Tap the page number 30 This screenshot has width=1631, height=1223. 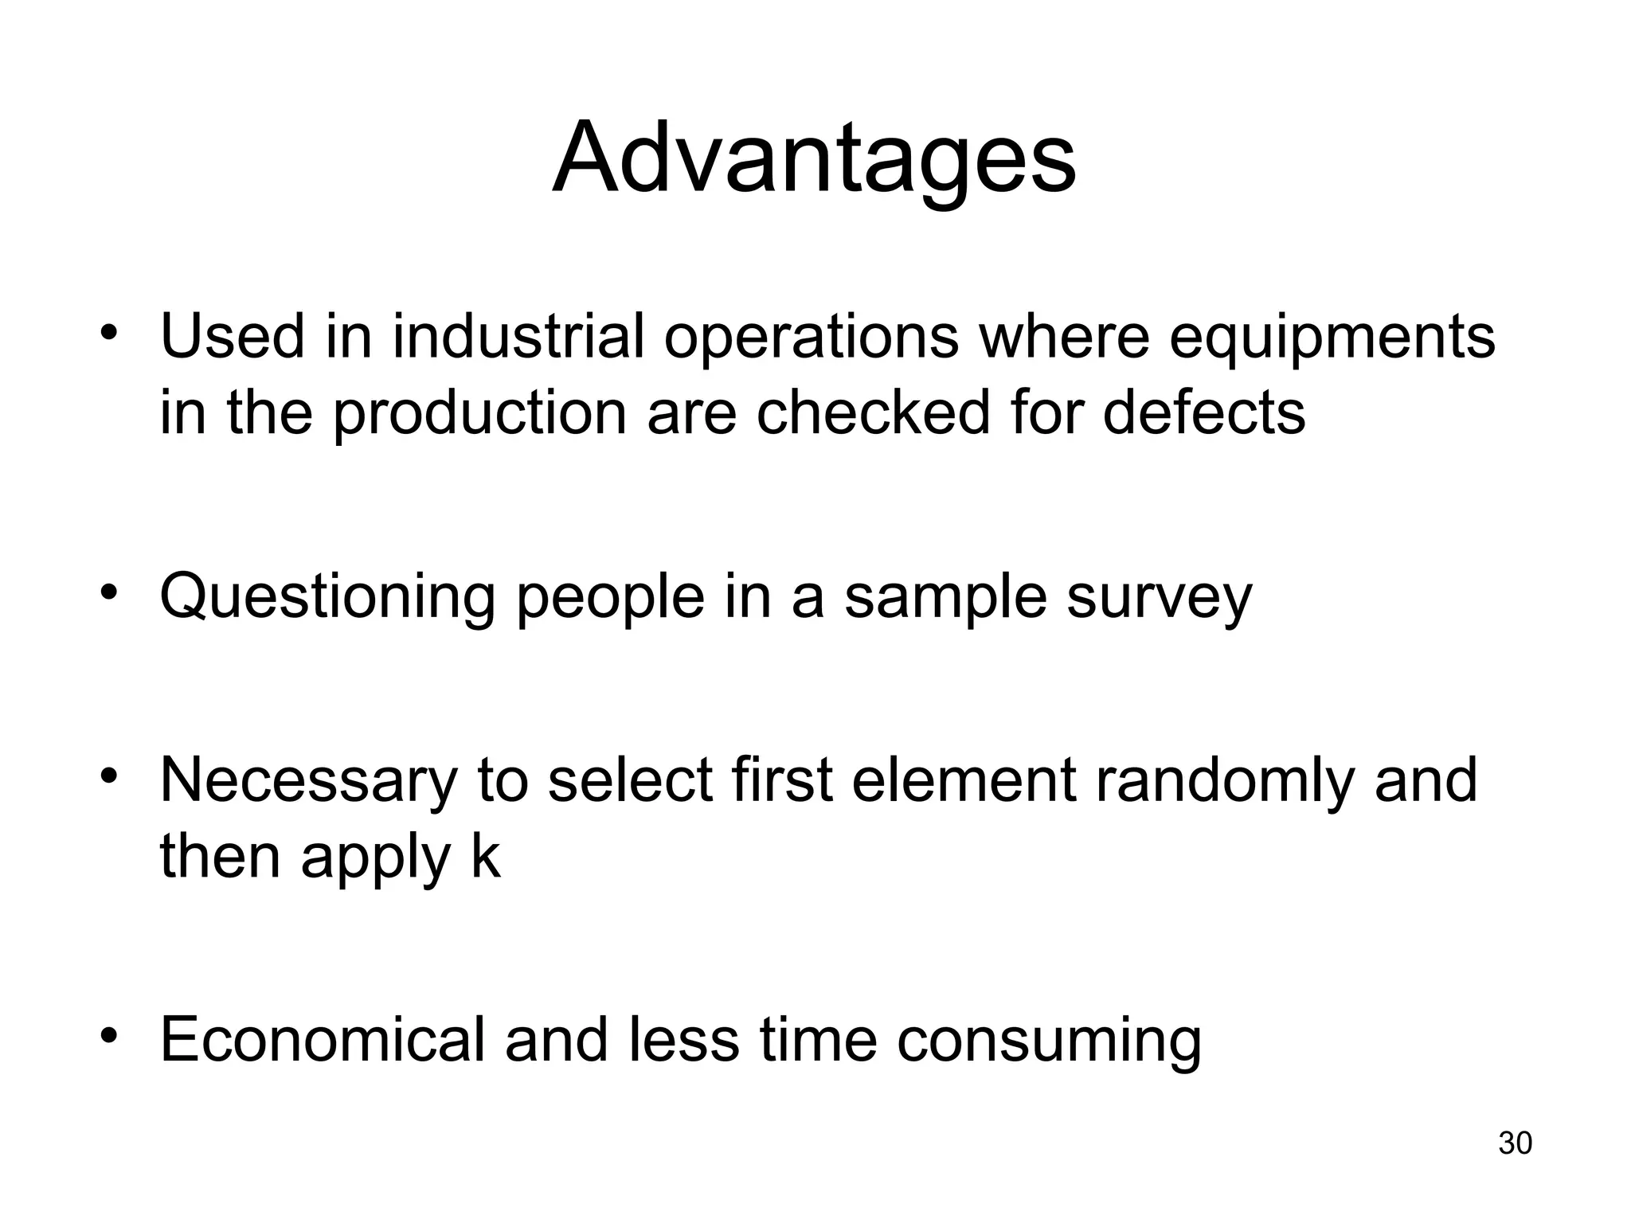click(x=1515, y=1143)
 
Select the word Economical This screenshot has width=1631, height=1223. click(x=322, y=1039)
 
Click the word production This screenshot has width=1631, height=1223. click(x=480, y=414)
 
